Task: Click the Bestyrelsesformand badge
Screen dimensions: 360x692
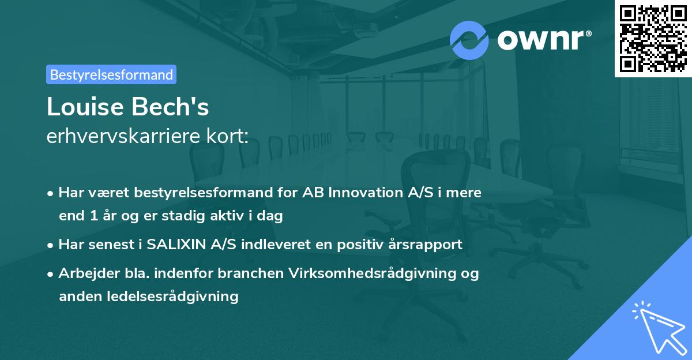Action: (111, 74)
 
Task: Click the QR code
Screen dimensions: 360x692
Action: (653, 38)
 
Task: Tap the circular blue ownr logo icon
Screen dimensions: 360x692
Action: (469, 40)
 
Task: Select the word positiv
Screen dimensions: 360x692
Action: (371, 245)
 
